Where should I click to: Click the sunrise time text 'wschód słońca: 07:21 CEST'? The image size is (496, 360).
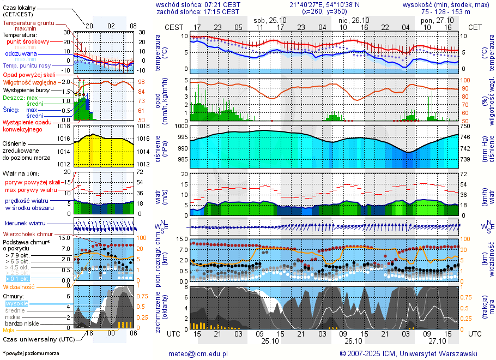click(198, 4)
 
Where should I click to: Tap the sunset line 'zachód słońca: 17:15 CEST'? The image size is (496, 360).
click(198, 11)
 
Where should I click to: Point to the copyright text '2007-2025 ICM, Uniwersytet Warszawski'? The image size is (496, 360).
click(412, 353)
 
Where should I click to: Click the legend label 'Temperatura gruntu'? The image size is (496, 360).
click(28, 23)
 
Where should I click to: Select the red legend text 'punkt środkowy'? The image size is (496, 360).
click(28, 41)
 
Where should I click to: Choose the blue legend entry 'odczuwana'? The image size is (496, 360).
click(21, 53)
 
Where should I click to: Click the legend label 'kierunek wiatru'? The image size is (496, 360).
click(25, 224)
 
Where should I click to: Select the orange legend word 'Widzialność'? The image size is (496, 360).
click(19, 286)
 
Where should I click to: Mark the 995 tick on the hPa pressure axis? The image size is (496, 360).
click(182, 137)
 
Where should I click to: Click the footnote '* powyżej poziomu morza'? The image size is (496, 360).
click(31, 353)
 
